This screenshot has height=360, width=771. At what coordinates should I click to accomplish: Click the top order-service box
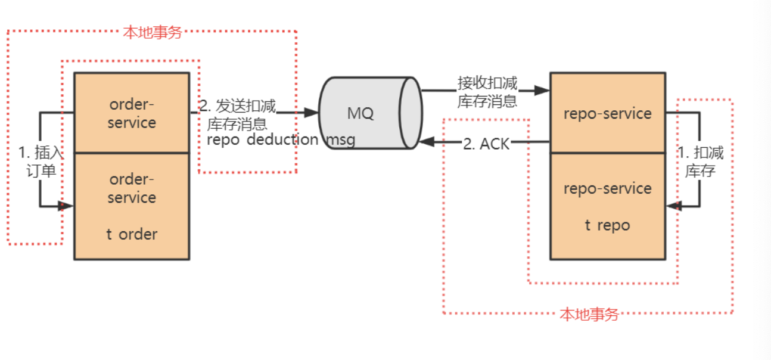pyautogui.click(x=132, y=113)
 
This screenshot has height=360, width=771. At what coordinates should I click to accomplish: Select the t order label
pyautogui.click(x=132, y=234)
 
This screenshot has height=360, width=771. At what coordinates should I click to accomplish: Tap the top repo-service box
pyautogui.click(x=607, y=113)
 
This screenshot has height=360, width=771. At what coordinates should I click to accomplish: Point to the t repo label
pyautogui.click(x=607, y=225)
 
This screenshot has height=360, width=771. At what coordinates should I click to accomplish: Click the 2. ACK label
pyautogui.click(x=486, y=144)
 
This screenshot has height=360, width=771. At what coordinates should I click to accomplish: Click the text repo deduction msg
pyautogui.click(x=281, y=140)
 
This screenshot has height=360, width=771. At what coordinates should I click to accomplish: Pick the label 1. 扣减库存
pyautogui.click(x=700, y=162)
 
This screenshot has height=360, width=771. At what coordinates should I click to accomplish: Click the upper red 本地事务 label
pyautogui.click(x=152, y=32)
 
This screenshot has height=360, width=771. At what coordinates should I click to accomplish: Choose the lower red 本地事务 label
pyautogui.click(x=589, y=315)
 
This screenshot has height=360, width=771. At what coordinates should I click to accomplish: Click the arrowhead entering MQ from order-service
pyautogui.click(x=312, y=112)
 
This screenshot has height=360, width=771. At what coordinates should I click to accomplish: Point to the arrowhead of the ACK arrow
pyautogui.click(x=425, y=142)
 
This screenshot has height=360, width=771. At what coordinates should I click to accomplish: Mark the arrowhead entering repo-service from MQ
pyautogui.click(x=542, y=91)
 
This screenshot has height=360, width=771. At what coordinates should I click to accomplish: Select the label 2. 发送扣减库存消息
pyautogui.click(x=238, y=115)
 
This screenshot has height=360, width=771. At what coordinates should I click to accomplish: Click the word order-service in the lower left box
pyautogui.click(x=132, y=188)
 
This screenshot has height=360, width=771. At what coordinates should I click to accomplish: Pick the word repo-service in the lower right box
pyautogui.click(x=607, y=188)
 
